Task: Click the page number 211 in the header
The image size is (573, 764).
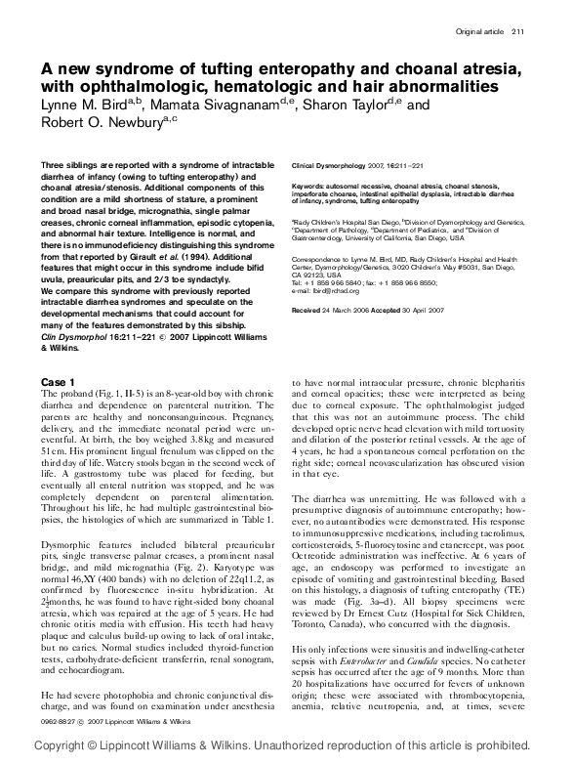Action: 517,32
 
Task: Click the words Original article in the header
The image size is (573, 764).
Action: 479,32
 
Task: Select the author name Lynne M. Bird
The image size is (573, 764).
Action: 87,104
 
